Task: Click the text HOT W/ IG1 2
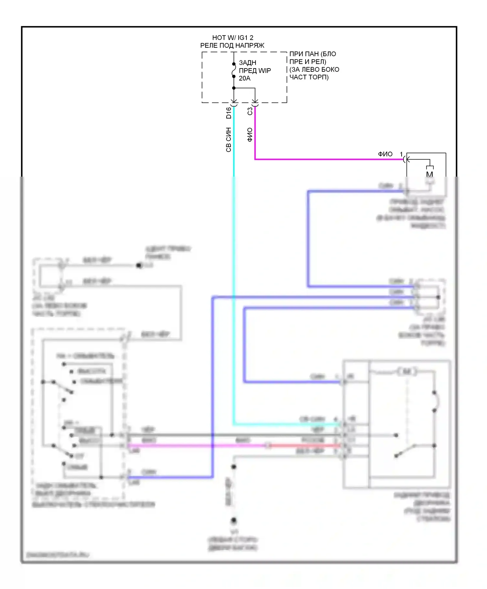pos(232,38)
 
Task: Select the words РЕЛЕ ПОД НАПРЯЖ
pos(232,45)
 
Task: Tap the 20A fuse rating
pos(244,78)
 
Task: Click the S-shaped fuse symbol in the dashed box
pos(234,70)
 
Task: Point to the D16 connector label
pos(229,113)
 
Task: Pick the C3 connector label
pos(250,111)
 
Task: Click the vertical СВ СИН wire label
pos(229,140)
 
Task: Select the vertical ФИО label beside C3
pos(250,135)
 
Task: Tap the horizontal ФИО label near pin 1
pos(385,154)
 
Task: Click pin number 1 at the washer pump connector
pos(401,154)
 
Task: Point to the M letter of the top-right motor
pos(430,174)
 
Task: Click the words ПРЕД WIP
pos(255,70)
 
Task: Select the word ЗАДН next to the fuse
pos(247,63)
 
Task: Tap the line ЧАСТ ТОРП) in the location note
pos(309,77)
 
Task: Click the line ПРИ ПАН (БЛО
pos(312,54)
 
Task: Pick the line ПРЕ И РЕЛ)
pos(307,62)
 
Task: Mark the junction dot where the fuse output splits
pos(234,88)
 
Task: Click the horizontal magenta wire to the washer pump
pos(325,159)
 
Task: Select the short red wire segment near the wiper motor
pos(305,445)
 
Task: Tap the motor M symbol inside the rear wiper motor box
pos(406,371)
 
